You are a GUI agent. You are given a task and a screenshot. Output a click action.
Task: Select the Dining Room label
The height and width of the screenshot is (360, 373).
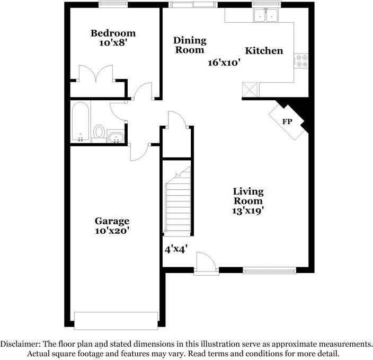pyautogui.click(x=190, y=45)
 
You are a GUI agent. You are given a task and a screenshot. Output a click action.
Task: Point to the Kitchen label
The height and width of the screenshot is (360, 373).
pyautogui.click(x=264, y=51)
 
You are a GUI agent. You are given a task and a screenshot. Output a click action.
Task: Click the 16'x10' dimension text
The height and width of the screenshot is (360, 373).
pyautogui.click(x=224, y=63)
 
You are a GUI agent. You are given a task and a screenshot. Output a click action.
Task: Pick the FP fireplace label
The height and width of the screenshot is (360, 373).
pyautogui.click(x=287, y=122)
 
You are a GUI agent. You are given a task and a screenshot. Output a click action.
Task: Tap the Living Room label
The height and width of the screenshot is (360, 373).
pyautogui.click(x=248, y=196)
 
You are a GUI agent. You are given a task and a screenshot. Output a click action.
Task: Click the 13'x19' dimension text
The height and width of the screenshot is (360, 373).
pyautogui.click(x=248, y=210)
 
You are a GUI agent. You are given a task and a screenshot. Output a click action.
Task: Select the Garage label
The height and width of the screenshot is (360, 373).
pyautogui.click(x=112, y=221)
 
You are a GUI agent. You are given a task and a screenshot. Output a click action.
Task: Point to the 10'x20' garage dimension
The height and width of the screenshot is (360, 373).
pyautogui.click(x=112, y=231)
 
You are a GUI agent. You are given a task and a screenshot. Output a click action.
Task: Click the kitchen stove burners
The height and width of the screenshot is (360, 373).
pyautogui.click(x=302, y=61)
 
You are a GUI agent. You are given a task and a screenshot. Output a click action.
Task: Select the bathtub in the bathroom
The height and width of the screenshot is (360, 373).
pyautogui.click(x=81, y=122)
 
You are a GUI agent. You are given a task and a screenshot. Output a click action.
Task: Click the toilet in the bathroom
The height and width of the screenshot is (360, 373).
pyautogui.click(x=99, y=131)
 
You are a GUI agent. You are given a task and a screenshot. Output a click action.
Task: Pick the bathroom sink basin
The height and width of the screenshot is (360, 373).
pyautogui.click(x=116, y=138)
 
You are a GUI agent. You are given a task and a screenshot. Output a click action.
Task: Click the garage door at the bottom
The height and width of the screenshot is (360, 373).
pyautogui.click(x=116, y=320)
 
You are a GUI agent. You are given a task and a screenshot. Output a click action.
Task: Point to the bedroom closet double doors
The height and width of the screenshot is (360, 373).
pyautogui.click(x=95, y=74)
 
